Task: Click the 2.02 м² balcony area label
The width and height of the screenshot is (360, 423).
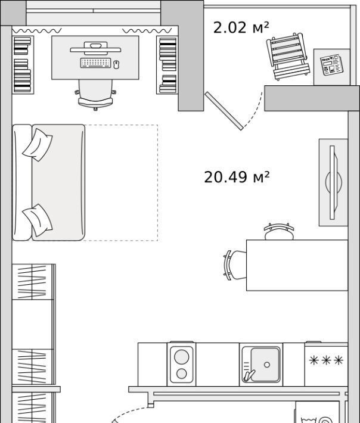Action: coord(241,27)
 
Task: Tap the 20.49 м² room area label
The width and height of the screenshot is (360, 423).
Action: coord(237,177)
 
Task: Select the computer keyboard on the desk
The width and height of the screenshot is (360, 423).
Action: coord(95,63)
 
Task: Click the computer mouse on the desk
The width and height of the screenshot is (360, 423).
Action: coord(116,64)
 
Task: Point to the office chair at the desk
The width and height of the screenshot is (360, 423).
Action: coord(95,94)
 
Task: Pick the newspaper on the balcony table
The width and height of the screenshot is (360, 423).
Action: coord(331,65)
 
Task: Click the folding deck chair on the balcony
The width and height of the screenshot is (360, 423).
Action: coord(288,57)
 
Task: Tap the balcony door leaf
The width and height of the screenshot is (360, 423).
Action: coord(224,111)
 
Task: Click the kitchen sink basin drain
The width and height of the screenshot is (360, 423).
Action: coord(267,365)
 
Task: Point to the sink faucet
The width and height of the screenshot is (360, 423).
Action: coord(249,375)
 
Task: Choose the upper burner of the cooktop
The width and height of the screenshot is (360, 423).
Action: coord(181,357)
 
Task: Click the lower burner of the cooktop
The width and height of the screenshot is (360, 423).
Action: coord(181,374)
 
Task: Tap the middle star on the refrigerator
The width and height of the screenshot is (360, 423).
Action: coord(326,360)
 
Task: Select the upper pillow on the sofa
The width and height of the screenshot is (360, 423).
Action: coord(38,145)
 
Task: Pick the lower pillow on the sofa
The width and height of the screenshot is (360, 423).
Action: coord(38,220)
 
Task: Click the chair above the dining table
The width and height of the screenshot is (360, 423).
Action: coord(279,232)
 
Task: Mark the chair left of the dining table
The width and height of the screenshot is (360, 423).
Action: coord(235,265)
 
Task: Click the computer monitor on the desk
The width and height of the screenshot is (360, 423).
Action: coord(95,49)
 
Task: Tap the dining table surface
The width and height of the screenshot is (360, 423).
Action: coord(297,265)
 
